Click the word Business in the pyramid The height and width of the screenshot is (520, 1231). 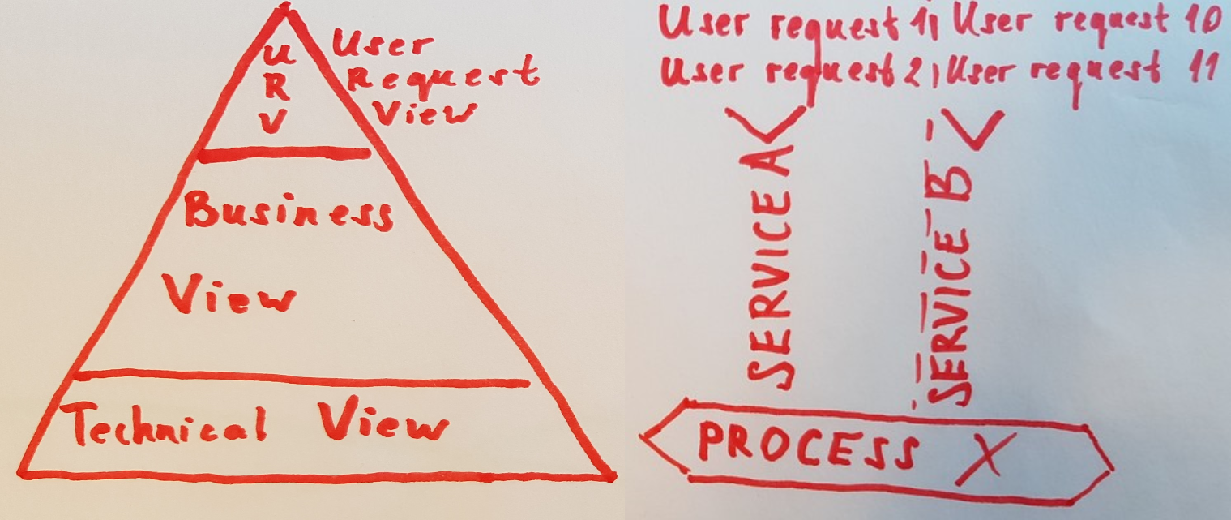click(289, 212)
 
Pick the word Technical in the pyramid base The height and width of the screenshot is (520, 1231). click(168, 423)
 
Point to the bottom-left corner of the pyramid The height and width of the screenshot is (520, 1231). click(22, 471)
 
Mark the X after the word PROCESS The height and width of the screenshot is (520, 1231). click(984, 458)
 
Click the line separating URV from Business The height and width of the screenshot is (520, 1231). click(284, 153)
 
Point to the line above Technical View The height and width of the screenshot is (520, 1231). click(300, 377)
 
